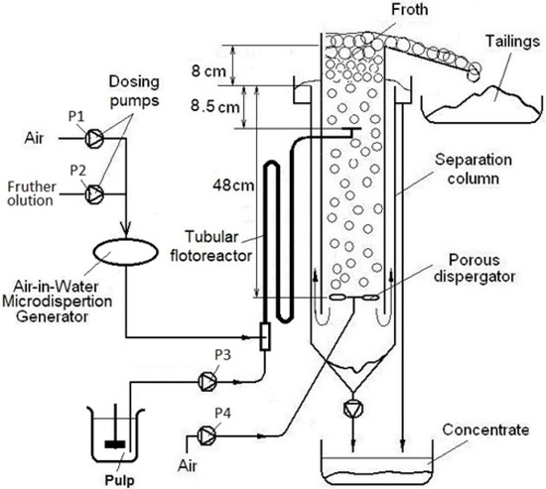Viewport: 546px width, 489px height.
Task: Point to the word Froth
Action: [x=366, y=13]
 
